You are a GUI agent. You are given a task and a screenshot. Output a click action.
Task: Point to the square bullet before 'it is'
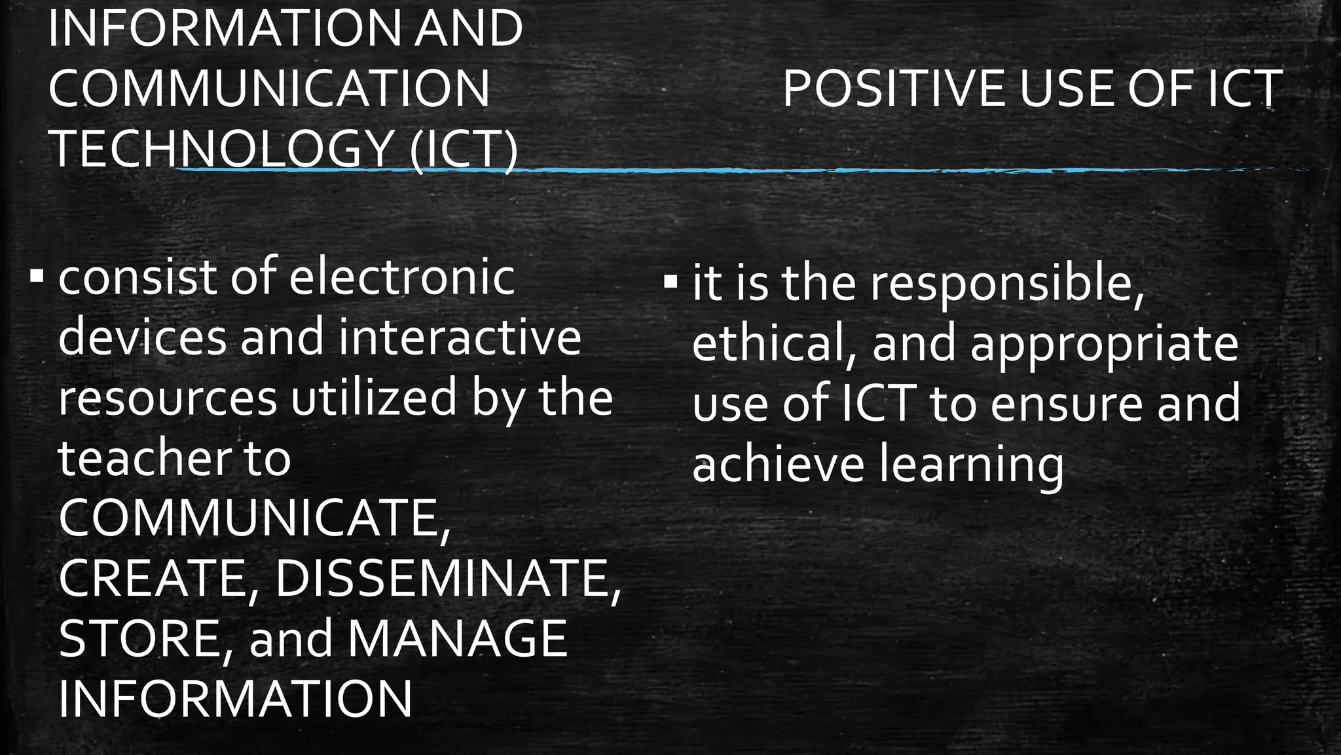pyautogui.click(x=670, y=282)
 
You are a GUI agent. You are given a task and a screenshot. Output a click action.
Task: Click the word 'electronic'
pyautogui.click(x=401, y=277)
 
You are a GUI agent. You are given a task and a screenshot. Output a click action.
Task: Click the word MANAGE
pyautogui.click(x=457, y=639)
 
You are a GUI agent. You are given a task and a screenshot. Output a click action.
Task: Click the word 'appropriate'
pyautogui.click(x=1104, y=345)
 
